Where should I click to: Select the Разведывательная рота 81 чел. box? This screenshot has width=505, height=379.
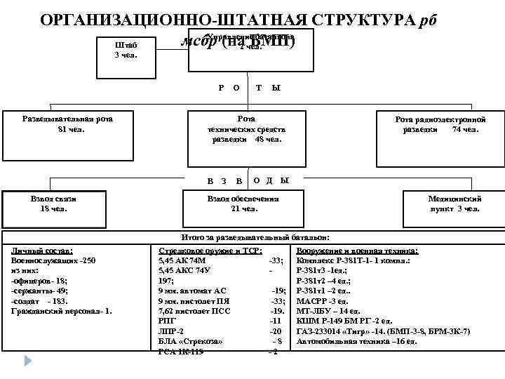click(x=67, y=124)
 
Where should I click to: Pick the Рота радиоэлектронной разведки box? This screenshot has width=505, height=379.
click(x=440, y=124)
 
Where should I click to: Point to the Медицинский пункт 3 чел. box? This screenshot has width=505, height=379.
click(x=454, y=204)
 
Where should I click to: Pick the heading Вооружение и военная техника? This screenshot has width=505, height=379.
click(x=357, y=251)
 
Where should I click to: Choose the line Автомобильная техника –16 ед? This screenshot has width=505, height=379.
click(x=356, y=341)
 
